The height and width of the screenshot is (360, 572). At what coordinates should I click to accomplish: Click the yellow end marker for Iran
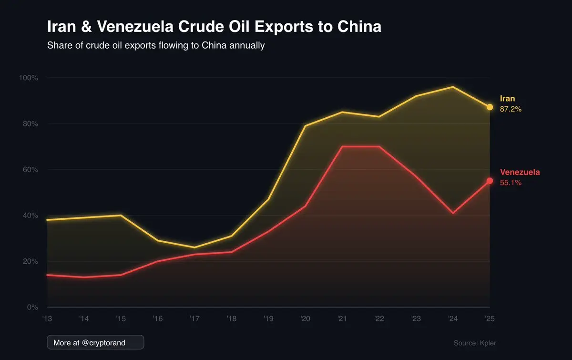(x=490, y=107)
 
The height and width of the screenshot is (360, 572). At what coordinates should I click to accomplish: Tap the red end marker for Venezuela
(x=490, y=181)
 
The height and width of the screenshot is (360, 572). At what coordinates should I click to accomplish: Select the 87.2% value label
(x=511, y=109)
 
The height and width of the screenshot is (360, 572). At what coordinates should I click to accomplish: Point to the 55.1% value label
(x=511, y=183)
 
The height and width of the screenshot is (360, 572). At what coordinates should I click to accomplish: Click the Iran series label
(x=507, y=99)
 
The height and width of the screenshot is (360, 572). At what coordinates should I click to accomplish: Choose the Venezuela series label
(x=520, y=172)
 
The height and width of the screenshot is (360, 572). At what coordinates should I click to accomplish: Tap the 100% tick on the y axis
(x=28, y=78)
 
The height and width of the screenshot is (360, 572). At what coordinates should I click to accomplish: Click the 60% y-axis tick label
(x=30, y=170)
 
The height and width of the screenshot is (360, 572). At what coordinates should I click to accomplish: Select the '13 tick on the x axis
(x=47, y=319)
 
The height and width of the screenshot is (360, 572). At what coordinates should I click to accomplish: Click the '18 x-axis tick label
(x=231, y=319)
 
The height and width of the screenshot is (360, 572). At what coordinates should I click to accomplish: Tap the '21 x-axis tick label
(x=342, y=319)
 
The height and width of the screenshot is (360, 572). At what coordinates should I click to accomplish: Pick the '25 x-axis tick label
(x=490, y=319)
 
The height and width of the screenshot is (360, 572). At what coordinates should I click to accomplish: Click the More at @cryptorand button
(x=95, y=342)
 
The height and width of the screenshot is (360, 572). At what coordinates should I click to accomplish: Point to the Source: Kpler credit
(x=471, y=343)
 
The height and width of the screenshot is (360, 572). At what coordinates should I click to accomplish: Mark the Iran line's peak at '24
(x=452, y=87)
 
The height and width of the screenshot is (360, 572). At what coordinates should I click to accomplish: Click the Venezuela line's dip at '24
(x=452, y=213)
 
